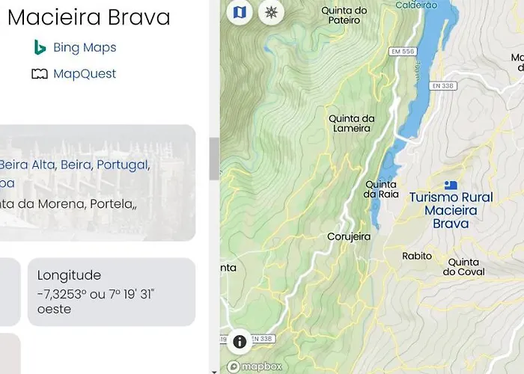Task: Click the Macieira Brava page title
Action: click(88, 17)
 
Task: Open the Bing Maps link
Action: click(84, 48)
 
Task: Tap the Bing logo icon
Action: click(40, 48)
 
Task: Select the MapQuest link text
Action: click(84, 74)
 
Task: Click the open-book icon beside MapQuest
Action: click(40, 74)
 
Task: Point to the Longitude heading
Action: click(69, 275)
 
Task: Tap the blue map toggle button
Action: click(240, 12)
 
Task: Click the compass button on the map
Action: click(271, 12)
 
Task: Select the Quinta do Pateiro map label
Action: click(344, 16)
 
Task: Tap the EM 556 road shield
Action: click(402, 51)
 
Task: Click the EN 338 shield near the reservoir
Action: click(443, 86)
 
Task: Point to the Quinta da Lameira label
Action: click(351, 123)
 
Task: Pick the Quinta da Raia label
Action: click(380, 189)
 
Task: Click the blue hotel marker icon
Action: click(450, 185)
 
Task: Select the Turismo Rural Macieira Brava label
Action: click(451, 210)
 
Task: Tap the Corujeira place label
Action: click(349, 236)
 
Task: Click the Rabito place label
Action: click(417, 256)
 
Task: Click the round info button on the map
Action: click(240, 342)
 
